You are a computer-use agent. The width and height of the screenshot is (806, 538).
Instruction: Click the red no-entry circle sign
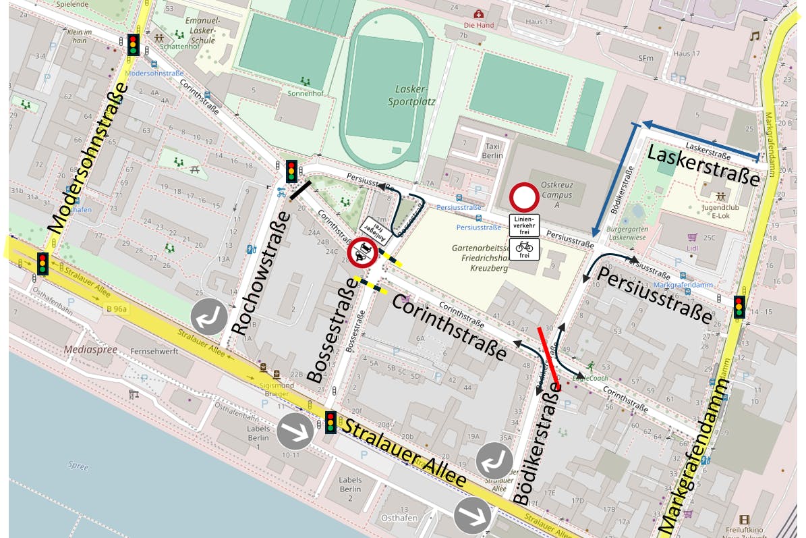tap(524, 198)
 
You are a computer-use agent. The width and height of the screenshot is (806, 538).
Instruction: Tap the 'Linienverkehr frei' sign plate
tap(524, 225)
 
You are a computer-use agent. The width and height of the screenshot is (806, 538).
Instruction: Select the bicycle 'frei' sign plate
tap(524, 248)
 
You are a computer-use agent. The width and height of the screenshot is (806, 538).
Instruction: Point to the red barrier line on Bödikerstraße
tap(548, 358)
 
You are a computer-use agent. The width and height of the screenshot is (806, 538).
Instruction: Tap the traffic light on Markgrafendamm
tap(739, 307)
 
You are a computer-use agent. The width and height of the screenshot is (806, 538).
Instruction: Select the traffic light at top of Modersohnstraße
tap(133, 45)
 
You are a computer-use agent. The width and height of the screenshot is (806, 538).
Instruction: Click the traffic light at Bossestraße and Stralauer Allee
tap(330, 422)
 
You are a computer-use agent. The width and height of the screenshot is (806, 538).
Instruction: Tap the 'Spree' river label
tap(78, 465)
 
